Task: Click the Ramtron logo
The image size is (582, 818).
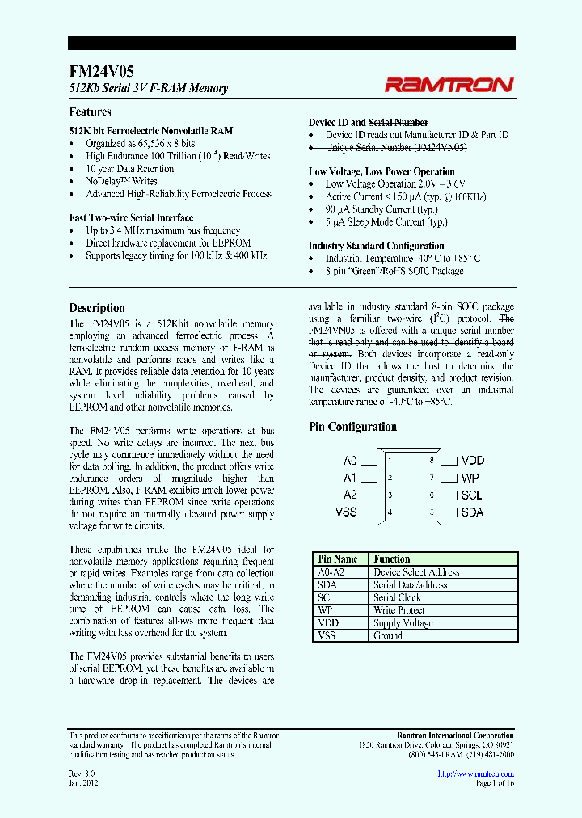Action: click(449, 84)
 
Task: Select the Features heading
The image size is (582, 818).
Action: click(90, 112)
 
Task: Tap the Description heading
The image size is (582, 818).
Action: click(97, 308)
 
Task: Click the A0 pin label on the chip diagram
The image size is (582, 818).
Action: click(350, 460)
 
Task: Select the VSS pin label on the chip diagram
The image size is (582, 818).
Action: click(346, 512)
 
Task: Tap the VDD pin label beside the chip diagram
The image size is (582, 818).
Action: click(473, 461)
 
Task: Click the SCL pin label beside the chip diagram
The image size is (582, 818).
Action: click(472, 495)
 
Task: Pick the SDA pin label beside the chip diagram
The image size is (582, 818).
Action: click(473, 512)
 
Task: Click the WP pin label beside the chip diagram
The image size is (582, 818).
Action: click(470, 478)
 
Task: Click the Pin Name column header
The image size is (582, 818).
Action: click(338, 559)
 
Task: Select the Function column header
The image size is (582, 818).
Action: click(392, 559)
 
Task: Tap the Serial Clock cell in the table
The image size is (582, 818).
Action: click(397, 597)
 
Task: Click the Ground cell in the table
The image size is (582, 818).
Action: click(388, 636)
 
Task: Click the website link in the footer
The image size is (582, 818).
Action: click(475, 774)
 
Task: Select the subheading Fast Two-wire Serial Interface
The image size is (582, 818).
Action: click(131, 217)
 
